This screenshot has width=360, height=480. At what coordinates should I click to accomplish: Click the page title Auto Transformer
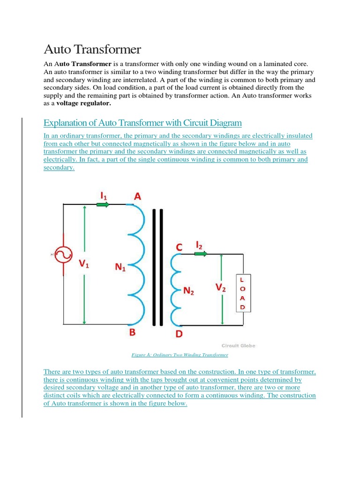click(x=92, y=49)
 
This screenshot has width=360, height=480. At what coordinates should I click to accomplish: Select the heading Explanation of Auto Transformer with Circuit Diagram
click(x=142, y=123)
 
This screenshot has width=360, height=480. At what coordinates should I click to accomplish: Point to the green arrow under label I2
click(x=200, y=254)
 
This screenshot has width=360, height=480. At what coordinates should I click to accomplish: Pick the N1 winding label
click(x=120, y=268)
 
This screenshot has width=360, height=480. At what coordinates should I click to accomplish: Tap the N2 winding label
click(x=189, y=291)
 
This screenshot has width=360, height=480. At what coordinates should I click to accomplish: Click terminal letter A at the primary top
click(x=137, y=197)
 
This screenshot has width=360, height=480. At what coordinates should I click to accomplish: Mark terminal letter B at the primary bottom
click(x=132, y=332)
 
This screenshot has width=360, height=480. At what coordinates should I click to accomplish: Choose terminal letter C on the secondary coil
click(x=179, y=246)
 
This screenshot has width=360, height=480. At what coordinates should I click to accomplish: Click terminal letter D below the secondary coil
click(x=179, y=334)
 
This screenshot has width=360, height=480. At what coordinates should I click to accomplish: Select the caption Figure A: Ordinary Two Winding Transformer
click(x=180, y=355)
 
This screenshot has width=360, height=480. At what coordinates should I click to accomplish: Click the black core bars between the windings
click(x=157, y=267)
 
